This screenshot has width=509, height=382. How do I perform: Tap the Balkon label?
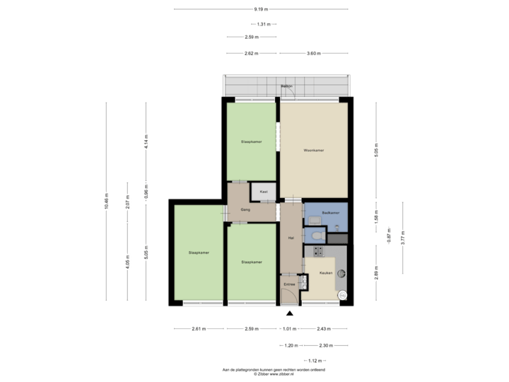[x=286, y=86]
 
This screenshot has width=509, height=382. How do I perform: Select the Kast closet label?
[x=263, y=192]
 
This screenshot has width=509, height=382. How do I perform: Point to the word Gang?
[x=246, y=210]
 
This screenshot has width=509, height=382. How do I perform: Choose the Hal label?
[x=290, y=238]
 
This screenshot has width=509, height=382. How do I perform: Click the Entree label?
[x=288, y=284]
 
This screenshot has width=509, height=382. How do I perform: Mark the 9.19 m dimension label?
[x=260, y=9]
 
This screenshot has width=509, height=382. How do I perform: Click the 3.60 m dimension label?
[x=314, y=53]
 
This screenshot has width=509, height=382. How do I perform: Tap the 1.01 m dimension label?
[x=288, y=329]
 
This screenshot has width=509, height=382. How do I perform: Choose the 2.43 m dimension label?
[x=322, y=329]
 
